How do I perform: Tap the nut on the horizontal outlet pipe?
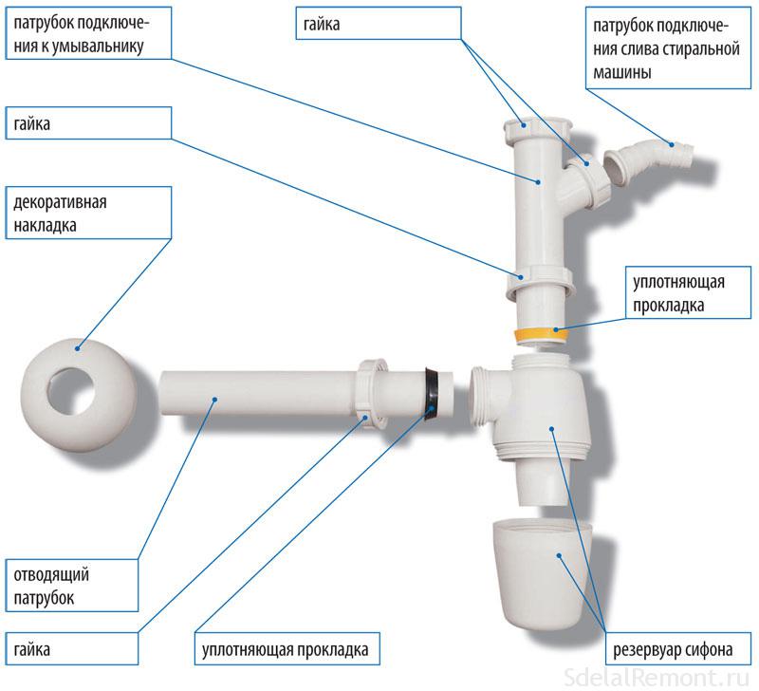point(371,390)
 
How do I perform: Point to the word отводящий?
point(46,576)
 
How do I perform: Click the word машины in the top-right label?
point(620,71)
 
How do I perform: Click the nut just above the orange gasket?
point(542,282)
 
